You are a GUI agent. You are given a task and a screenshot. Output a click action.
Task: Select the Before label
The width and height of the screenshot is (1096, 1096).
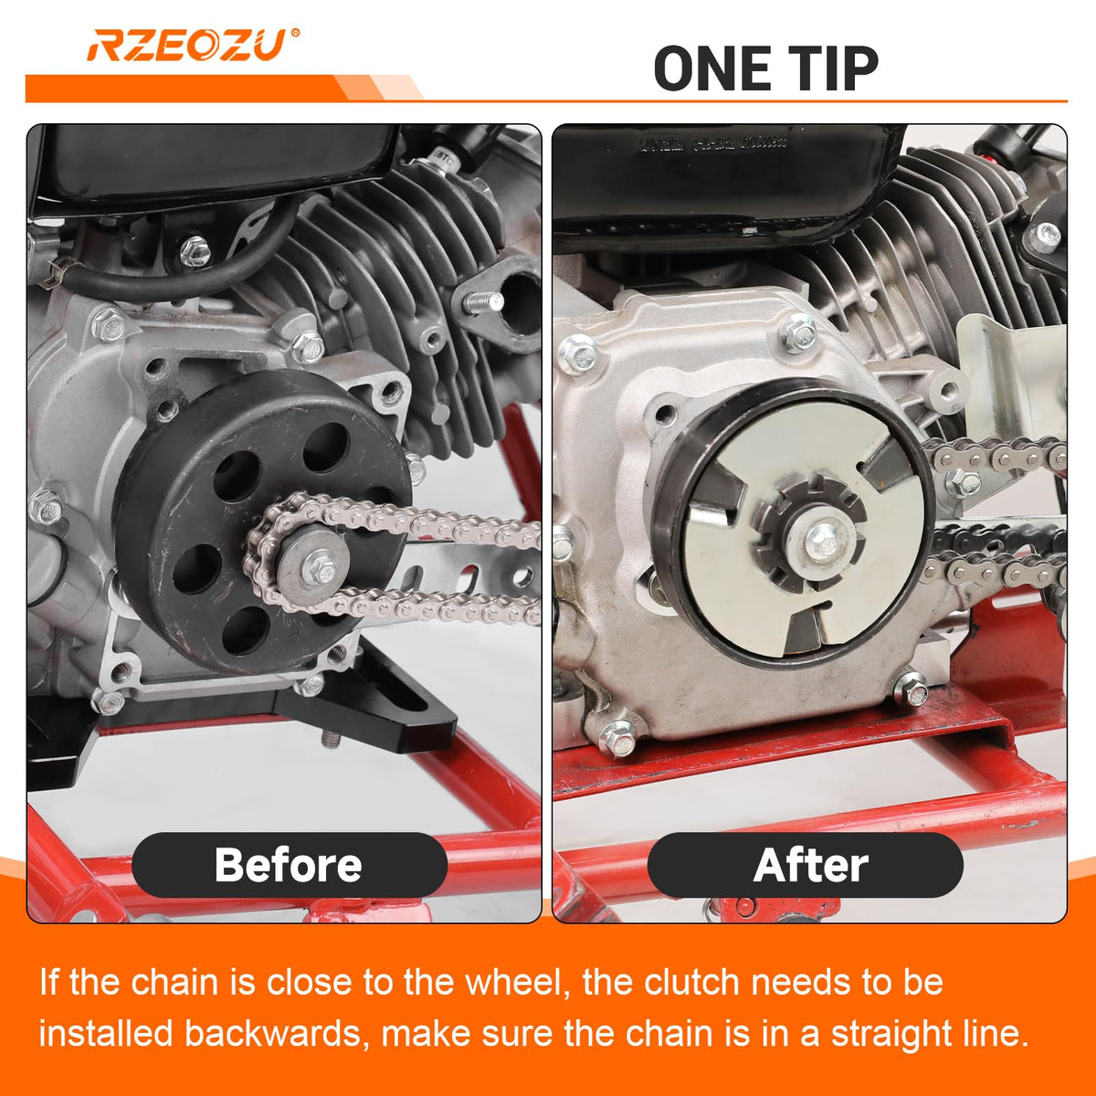click(x=289, y=865)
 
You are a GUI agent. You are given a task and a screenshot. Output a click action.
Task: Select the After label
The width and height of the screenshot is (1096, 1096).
click(x=810, y=865)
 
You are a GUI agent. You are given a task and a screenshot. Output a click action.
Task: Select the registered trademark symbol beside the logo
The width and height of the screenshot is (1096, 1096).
click(x=295, y=32)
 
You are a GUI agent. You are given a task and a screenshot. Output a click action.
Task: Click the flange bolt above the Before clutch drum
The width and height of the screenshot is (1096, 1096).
click(x=307, y=346)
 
